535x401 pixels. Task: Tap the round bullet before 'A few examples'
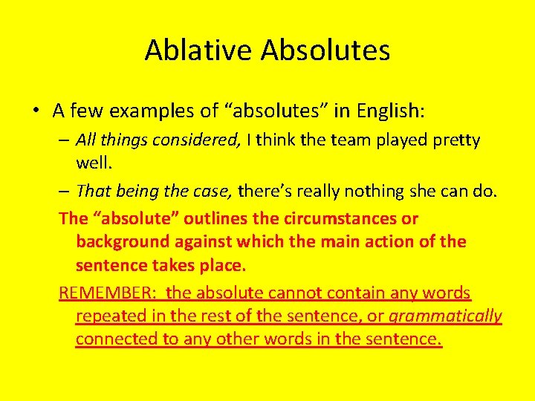click(x=36, y=111)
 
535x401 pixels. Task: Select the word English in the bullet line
click(x=388, y=111)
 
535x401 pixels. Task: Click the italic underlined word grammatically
click(x=445, y=316)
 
